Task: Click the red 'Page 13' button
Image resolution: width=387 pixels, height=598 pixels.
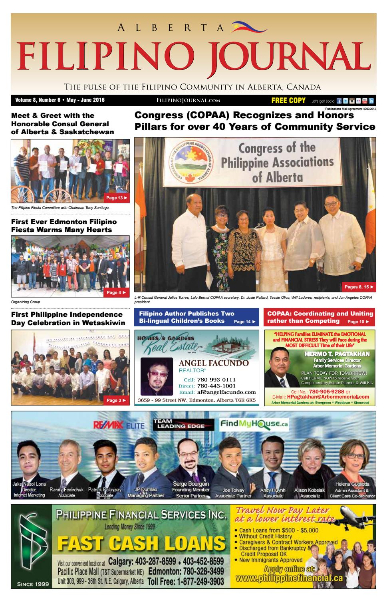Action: (116, 198)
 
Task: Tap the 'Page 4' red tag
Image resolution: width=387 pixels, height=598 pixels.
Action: (116, 292)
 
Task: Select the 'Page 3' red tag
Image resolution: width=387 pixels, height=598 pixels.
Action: (116, 400)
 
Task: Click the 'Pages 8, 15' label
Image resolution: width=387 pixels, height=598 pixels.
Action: (359, 287)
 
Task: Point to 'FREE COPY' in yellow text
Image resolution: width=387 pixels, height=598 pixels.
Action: (288, 100)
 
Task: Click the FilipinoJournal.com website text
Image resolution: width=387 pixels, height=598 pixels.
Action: (189, 101)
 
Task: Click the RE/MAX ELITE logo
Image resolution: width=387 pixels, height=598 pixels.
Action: (119, 425)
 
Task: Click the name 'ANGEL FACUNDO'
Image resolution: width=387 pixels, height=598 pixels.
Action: (213, 363)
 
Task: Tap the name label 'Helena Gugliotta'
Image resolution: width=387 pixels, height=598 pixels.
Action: (352, 484)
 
